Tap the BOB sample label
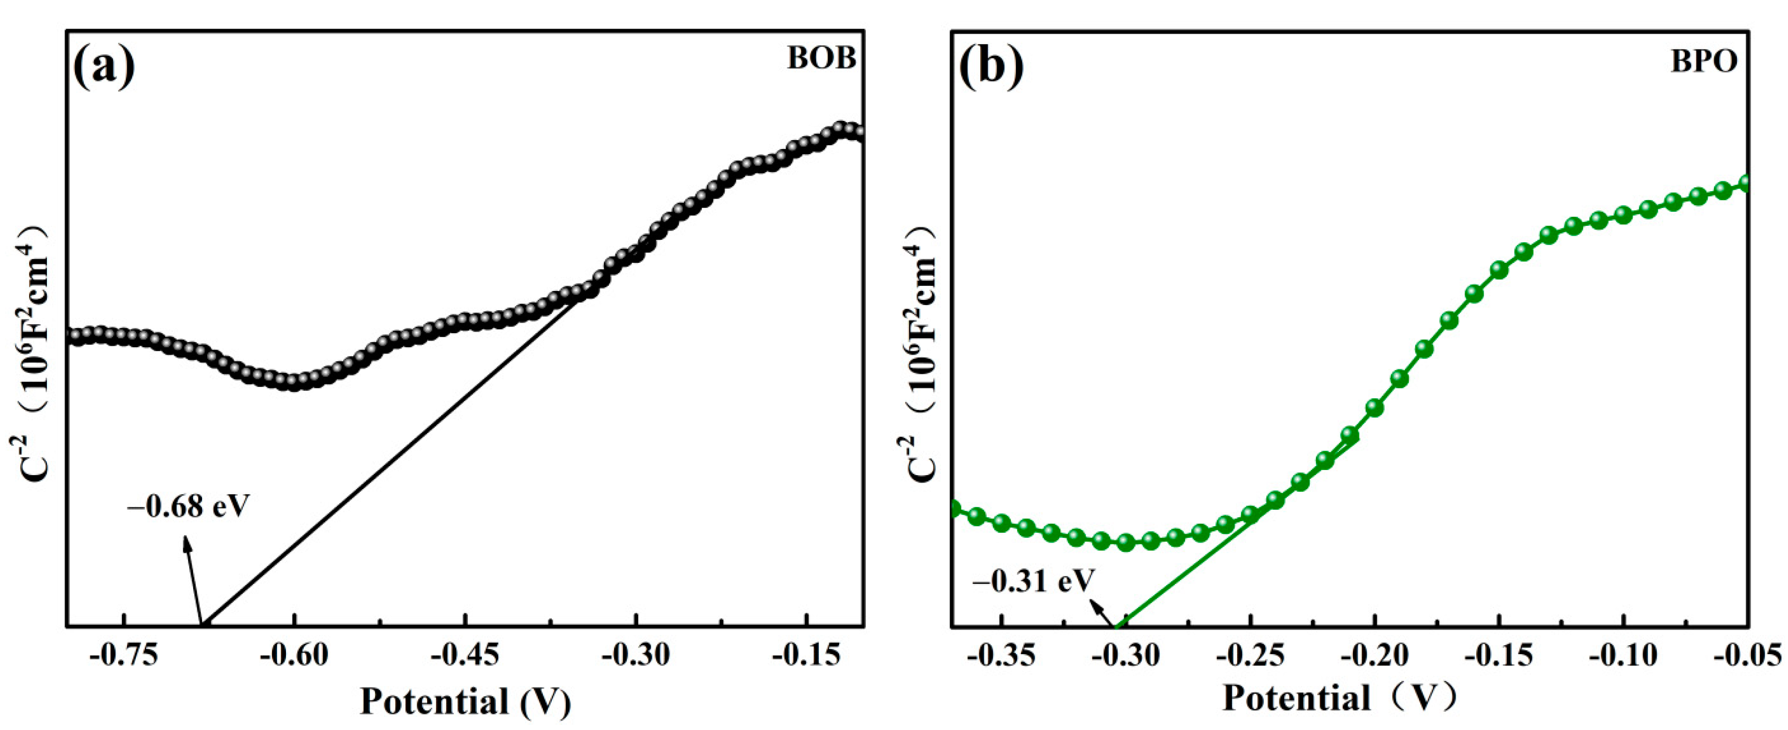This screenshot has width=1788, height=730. pos(821,58)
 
